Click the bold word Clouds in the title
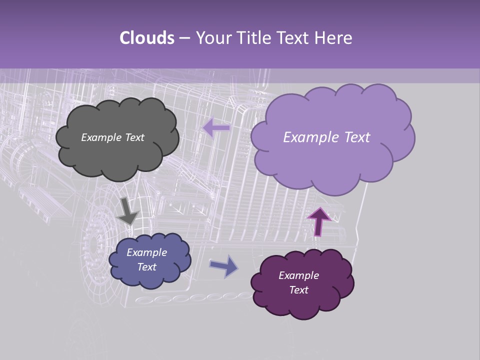click(x=146, y=38)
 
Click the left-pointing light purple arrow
click(x=216, y=128)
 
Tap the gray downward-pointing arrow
click(x=127, y=211)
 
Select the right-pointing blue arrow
click(x=224, y=266)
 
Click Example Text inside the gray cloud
click(x=112, y=137)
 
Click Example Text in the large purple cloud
click(x=326, y=137)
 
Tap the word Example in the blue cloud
click(x=146, y=252)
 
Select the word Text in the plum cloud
click(x=298, y=290)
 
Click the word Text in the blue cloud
click(x=146, y=267)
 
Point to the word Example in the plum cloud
click(x=298, y=275)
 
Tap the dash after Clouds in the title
click(x=184, y=38)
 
